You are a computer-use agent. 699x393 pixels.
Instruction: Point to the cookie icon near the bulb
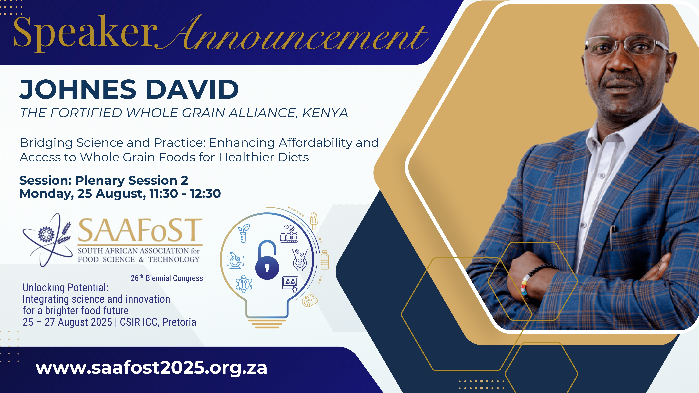tap(310, 300)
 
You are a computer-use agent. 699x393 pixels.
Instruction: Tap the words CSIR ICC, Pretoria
tap(158, 322)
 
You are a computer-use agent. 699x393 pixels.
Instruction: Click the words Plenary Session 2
tap(132, 180)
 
